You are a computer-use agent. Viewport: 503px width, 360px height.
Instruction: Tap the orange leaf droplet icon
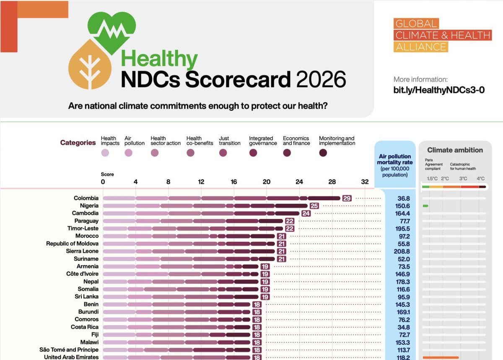point(90,65)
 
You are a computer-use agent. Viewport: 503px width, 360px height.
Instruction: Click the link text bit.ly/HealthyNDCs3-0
point(439,90)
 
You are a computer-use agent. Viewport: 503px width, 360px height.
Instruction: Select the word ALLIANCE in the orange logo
point(421,47)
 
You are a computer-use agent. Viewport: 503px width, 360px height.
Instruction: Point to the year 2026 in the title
point(321,79)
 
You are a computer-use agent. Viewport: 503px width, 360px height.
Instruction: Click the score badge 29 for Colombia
point(347,198)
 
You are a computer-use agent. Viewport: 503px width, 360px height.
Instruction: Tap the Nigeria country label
point(89,206)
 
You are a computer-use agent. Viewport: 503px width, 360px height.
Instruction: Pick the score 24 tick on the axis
point(299,182)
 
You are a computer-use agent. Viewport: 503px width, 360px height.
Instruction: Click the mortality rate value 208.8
point(402,251)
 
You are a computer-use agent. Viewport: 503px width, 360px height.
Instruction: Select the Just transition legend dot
point(223,153)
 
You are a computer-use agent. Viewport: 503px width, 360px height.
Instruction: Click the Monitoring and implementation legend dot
point(323,153)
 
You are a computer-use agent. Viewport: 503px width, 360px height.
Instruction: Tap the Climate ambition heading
point(455,150)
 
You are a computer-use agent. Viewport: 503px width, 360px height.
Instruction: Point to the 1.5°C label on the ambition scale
point(432,179)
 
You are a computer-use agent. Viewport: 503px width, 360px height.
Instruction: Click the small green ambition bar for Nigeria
point(425,206)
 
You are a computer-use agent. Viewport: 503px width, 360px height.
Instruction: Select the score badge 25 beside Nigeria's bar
point(314,206)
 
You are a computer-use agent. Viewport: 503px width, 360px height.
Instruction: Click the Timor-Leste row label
point(83,228)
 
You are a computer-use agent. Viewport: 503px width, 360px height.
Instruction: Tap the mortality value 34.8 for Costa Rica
point(404,327)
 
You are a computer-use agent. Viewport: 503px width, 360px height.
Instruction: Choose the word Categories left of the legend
point(78,142)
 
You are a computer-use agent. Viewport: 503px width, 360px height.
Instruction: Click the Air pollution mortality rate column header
point(395,165)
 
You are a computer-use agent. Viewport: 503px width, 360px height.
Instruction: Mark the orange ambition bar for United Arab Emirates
point(441,357)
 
